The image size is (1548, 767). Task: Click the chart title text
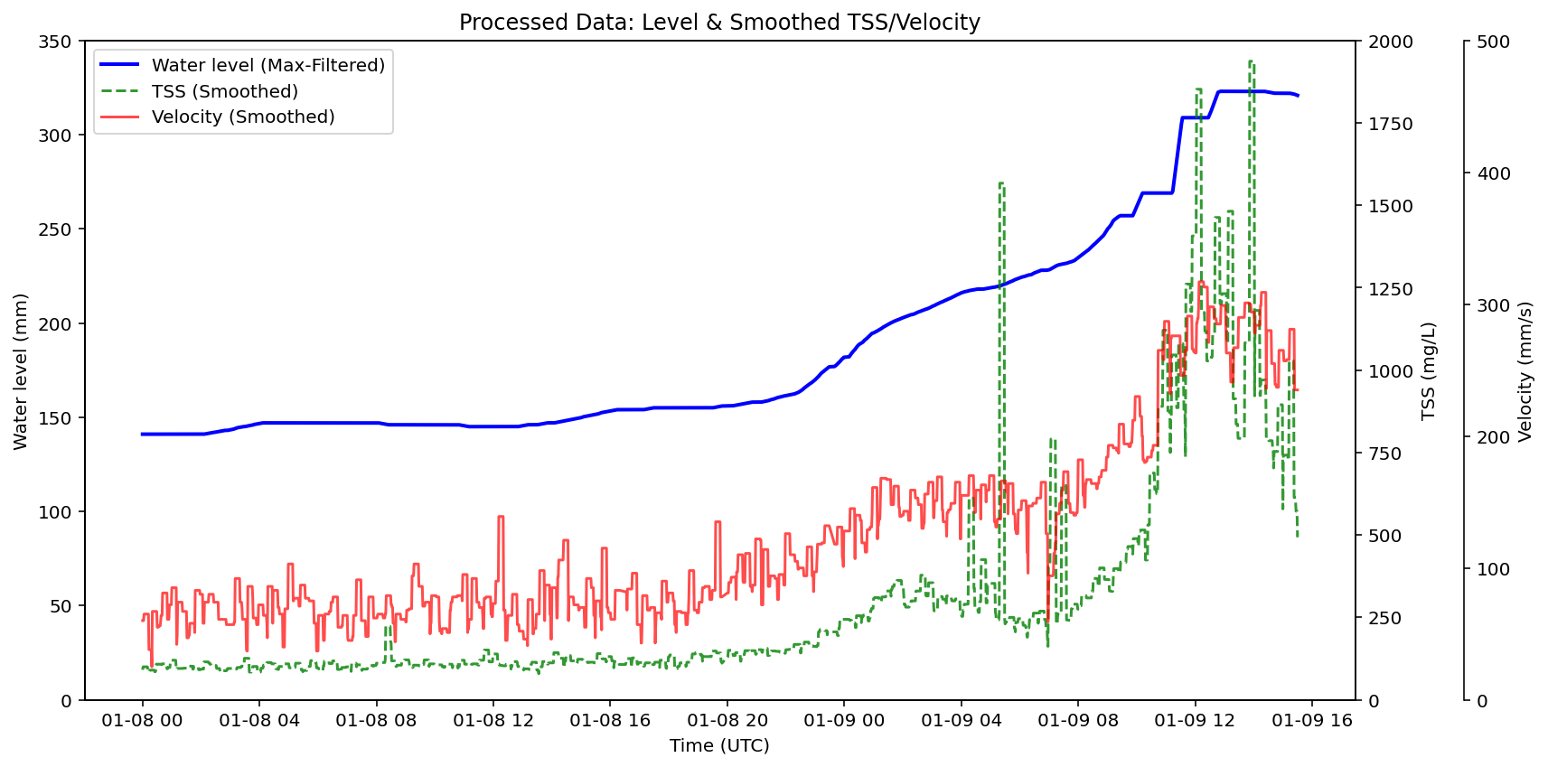719,22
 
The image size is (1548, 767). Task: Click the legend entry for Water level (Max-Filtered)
267,65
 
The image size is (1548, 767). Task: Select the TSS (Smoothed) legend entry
224,91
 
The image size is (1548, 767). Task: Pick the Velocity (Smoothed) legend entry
242,117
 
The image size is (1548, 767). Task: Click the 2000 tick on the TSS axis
1390,42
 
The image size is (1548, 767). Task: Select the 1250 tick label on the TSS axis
1390,289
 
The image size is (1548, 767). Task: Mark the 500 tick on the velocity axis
1493,42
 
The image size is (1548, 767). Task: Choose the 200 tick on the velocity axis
1493,436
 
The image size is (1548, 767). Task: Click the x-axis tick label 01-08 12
493,720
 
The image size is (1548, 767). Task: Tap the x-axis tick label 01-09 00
844,720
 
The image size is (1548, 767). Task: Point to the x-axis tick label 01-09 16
1311,720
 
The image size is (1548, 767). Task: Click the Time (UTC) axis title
719,746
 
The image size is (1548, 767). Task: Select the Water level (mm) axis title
21,370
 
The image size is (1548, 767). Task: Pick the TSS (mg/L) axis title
1429,370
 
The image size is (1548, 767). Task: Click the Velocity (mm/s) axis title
1525,370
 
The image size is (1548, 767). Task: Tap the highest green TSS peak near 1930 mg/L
1252,61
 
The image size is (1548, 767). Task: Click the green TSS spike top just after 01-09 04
1001,183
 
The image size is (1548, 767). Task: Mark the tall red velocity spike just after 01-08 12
501,517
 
